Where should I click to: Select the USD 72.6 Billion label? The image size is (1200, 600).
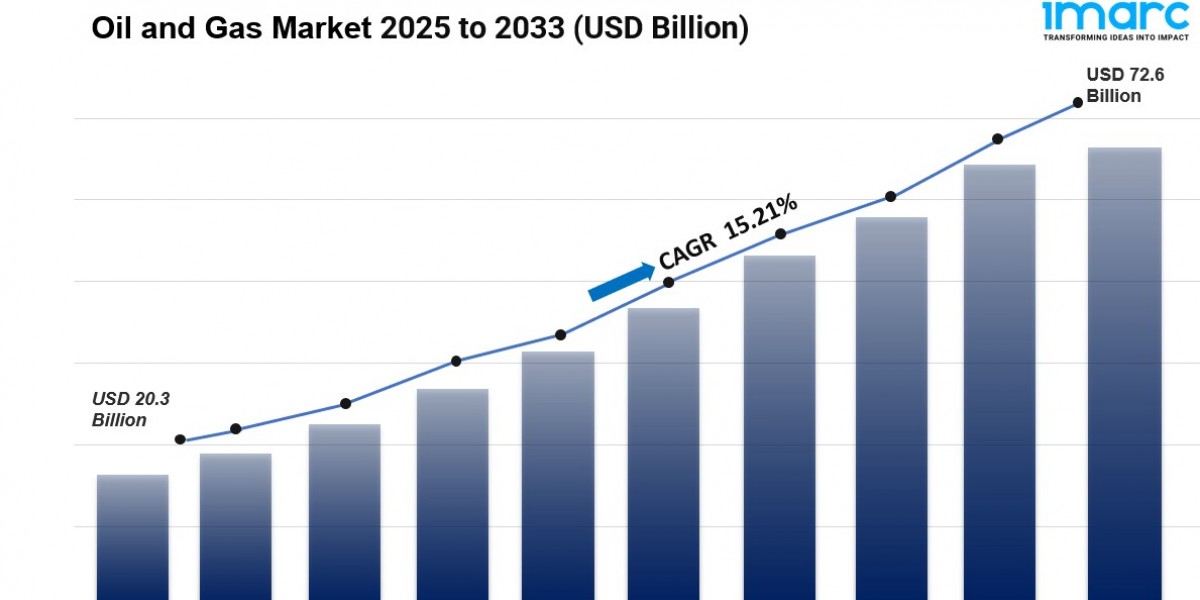point(1113,85)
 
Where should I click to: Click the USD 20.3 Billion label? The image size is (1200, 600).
point(131,409)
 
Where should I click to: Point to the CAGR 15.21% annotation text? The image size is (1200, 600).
point(727,232)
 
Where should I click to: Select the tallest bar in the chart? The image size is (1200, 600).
point(1125,370)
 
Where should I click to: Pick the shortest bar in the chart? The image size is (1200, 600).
point(133,536)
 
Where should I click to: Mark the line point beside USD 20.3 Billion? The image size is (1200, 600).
point(180,439)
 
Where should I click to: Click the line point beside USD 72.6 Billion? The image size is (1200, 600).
point(1078,102)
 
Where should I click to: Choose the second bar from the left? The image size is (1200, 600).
point(236,525)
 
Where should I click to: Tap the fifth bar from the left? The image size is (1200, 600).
point(558,475)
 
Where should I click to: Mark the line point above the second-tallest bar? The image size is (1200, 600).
point(998,139)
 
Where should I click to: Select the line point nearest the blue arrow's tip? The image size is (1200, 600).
point(669,282)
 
